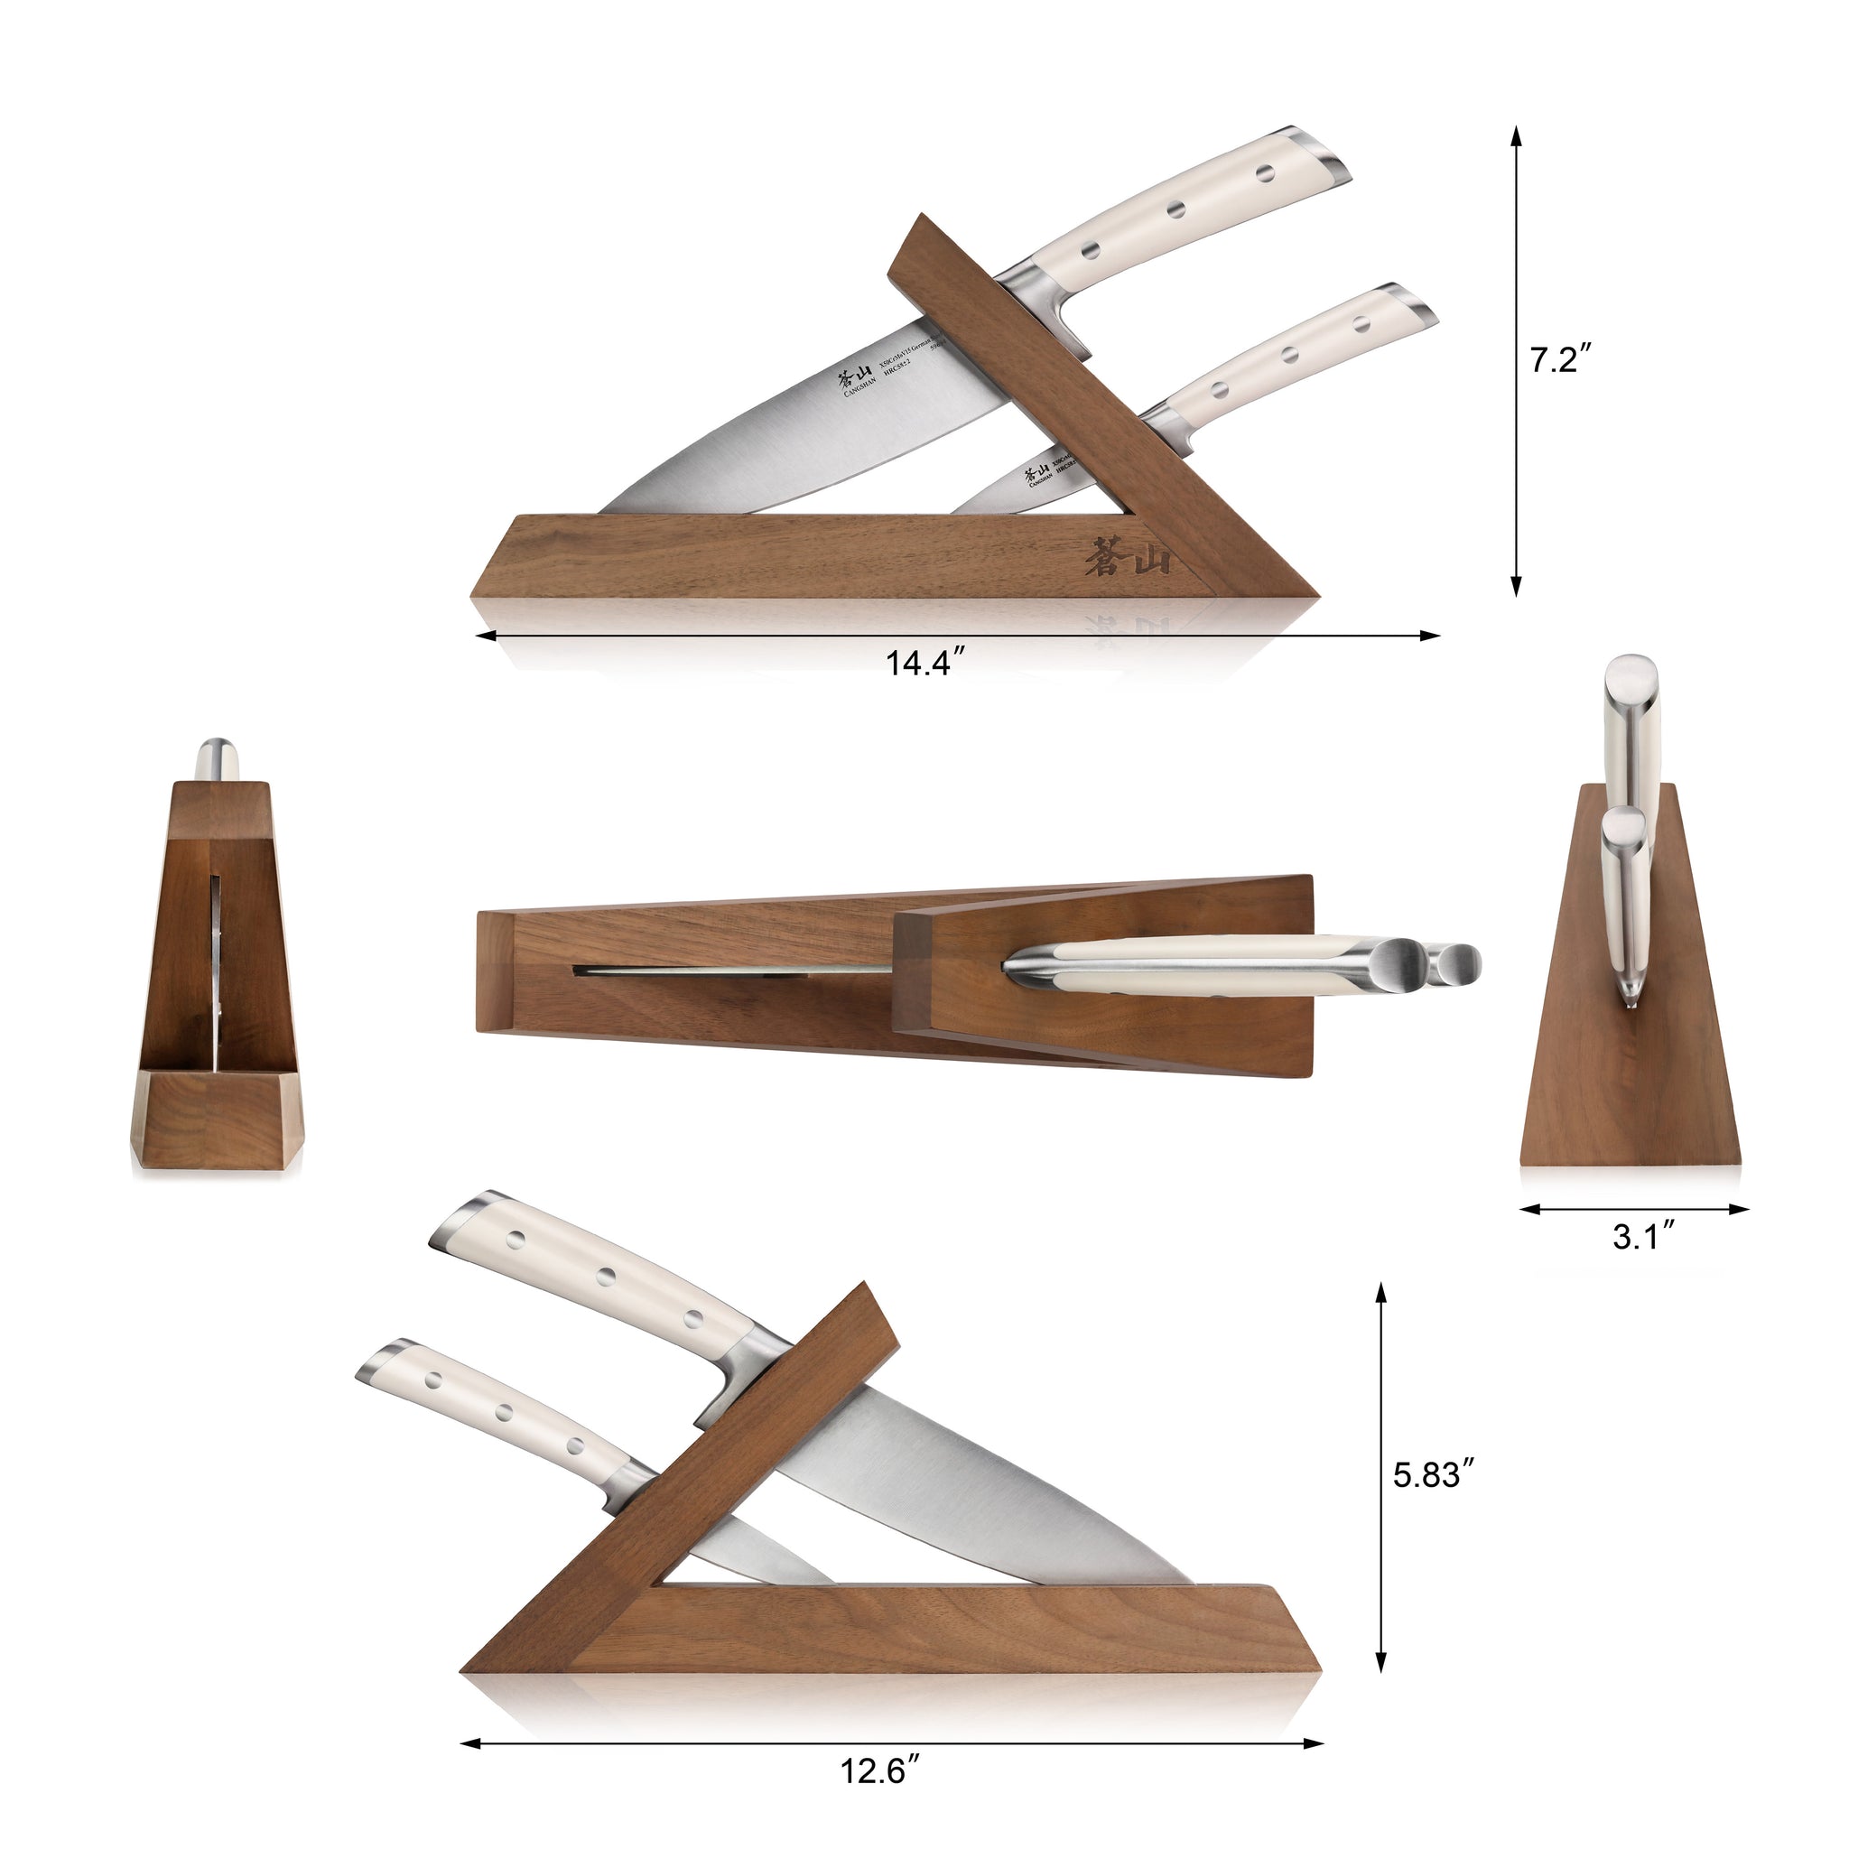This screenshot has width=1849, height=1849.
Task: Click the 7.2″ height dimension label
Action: [1559, 360]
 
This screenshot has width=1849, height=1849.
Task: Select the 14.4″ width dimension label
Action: [920, 663]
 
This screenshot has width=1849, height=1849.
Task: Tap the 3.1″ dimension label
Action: [1642, 1237]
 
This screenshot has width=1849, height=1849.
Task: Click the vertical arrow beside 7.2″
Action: [1516, 360]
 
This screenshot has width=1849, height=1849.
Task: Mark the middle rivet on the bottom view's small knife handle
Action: [501, 1412]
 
